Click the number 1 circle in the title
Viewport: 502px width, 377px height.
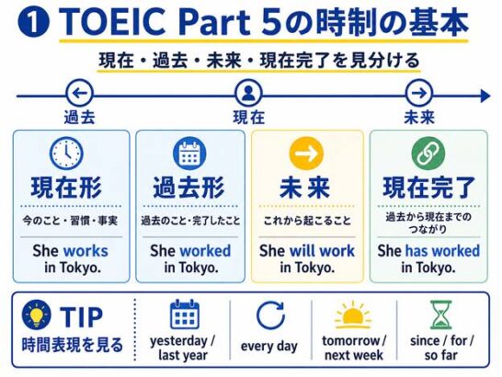[33, 22]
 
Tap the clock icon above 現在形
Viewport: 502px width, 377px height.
[66, 153]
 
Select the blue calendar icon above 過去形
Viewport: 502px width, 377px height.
[189, 154]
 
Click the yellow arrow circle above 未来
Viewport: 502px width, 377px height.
[306, 154]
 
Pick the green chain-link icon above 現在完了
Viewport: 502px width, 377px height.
[428, 154]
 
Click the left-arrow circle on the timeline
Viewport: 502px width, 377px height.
[80, 94]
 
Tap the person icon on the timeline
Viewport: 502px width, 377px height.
[248, 94]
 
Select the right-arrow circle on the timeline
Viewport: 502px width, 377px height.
[418, 94]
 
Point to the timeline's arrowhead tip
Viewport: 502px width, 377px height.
[490, 96]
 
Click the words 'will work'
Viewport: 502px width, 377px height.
[322, 250]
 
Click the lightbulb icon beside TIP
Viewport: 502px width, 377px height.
[36, 314]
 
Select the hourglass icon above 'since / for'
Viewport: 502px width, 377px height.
[440, 314]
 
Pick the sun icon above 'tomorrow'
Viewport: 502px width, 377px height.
[353, 315]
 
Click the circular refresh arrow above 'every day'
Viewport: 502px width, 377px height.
[271, 315]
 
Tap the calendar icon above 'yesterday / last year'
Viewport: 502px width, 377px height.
[185, 314]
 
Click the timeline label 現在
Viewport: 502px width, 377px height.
[249, 117]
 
